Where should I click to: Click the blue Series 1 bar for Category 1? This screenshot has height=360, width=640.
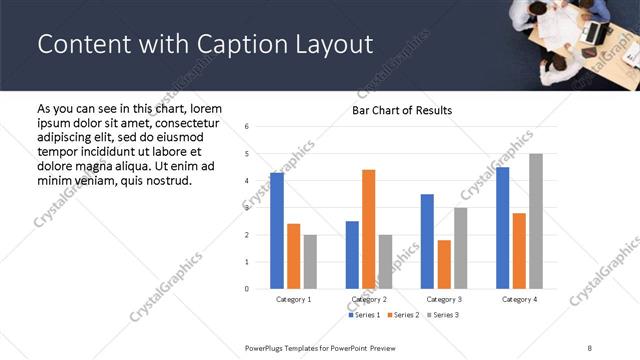(x=277, y=231)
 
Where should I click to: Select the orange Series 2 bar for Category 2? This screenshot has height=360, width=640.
(x=368, y=229)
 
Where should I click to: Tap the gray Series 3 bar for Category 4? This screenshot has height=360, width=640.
(x=536, y=221)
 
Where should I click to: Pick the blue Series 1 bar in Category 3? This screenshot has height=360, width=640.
(x=427, y=241)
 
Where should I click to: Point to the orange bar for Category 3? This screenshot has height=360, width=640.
(x=444, y=264)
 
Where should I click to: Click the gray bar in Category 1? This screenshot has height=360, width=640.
(x=310, y=262)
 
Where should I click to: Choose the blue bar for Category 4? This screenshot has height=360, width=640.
(x=502, y=228)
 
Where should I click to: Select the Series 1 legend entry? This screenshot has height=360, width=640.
(x=365, y=315)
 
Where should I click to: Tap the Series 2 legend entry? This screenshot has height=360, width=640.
(x=402, y=315)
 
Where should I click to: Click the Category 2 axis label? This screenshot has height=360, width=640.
(x=369, y=299)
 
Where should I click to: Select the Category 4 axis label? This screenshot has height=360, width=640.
(x=519, y=299)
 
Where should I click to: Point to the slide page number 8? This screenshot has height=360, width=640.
(x=589, y=347)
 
